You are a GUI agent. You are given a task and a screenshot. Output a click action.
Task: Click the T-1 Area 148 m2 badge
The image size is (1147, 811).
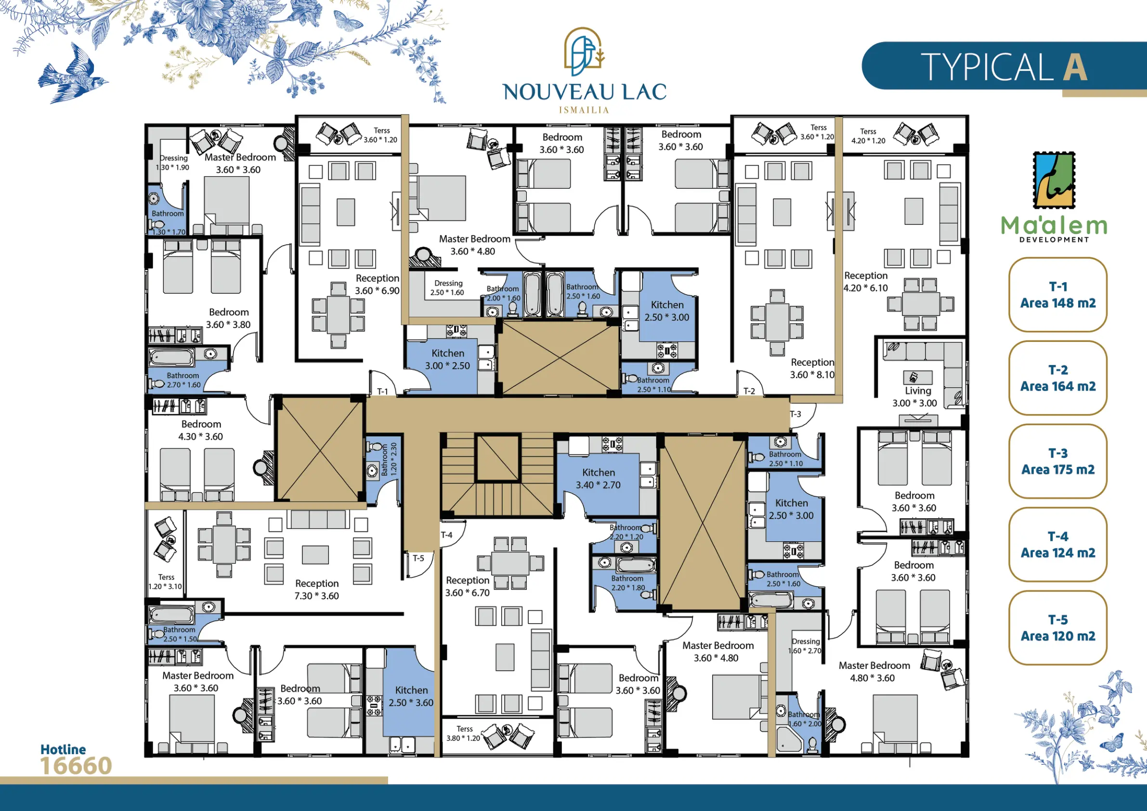pyautogui.click(x=1057, y=295)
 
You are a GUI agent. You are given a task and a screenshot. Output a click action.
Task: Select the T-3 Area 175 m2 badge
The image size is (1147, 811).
pyautogui.click(x=1057, y=461)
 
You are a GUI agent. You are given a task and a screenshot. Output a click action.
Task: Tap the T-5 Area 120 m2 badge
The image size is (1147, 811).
pyautogui.click(x=1057, y=628)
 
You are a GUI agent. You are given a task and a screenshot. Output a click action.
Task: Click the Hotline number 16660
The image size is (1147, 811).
pyautogui.click(x=76, y=766)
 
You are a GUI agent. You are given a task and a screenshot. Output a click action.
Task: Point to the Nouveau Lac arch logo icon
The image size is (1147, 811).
pyautogui.click(x=584, y=48)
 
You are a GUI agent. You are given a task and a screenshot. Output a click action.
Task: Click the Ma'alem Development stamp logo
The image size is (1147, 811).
pyautogui.click(x=1054, y=181)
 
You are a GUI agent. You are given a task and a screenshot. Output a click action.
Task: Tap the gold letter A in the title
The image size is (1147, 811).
pyautogui.click(x=1075, y=67)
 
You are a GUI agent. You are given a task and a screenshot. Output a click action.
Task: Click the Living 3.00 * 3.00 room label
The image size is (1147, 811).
pyautogui.click(x=915, y=397)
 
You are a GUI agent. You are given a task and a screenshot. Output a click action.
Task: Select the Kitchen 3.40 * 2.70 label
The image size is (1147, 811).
pyautogui.click(x=598, y=478)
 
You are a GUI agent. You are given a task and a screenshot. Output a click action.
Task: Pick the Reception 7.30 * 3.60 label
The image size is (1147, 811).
pyautogui.click(x=317, y=589)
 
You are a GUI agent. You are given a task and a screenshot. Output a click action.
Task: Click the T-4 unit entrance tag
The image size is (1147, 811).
pyautogui.click(x=446, y=535)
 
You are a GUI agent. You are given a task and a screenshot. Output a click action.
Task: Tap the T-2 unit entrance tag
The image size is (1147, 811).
pyautogui.click(x=749, y=391)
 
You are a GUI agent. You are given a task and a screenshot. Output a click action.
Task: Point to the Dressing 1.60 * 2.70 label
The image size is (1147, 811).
pyautogui.click(x=805, y=646)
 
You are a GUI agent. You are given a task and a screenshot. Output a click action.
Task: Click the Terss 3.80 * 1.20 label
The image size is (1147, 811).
pyautogui.click(x=464, y=733)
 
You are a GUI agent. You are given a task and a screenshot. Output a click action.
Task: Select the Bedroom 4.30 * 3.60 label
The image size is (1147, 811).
pyautogui.click(x=201, y=430)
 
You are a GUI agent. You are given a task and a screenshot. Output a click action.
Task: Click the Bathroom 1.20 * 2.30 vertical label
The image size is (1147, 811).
pyautogui.click(x=389, y=459)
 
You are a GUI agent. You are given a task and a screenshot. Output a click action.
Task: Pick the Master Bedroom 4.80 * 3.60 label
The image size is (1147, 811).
pyautogui.click(x=874, y=671)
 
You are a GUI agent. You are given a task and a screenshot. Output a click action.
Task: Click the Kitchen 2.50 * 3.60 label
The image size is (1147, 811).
pyautogui.click(x=411, y=696)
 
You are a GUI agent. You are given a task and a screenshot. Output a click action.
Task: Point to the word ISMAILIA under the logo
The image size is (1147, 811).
pyautogui.click(x=584, y=110)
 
